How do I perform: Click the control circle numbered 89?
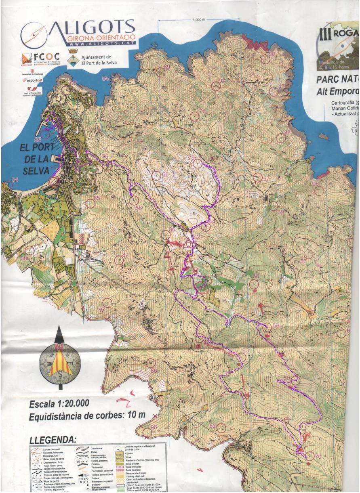click(161, 72)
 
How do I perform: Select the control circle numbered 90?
click(265, 59)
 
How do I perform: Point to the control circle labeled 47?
click(274, 91)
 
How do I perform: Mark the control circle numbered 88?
click(281, 138)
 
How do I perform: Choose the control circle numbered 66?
click(157, 176)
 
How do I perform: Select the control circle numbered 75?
click(107, 302)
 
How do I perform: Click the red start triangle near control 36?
click(187, 244)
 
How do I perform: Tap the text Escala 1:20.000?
click(59, 404)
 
